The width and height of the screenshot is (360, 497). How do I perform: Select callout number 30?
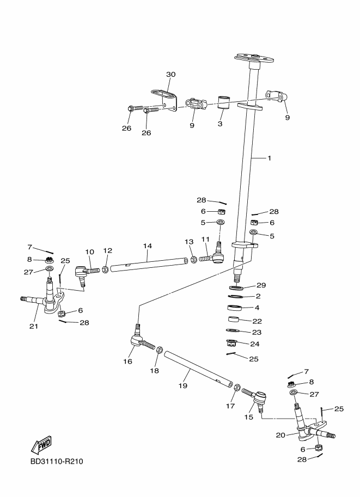(x=170, y=75)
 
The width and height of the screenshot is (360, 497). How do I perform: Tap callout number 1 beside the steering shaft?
(x=269, y=158)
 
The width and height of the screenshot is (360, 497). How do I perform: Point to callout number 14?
(x=148, y=246)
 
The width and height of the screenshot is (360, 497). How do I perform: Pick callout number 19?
(x=182, y=385)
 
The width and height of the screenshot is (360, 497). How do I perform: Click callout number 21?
(x=33, y=327)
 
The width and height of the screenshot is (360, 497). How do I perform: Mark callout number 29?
(x=261, y=286)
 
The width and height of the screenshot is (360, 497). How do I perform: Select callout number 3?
(x=220, y=124)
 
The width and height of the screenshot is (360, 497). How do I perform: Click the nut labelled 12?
(x=105, y=269)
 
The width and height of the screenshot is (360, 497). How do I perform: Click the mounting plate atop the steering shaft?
(x=255, y=56)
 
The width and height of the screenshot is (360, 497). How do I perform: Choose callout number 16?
(x=128, y=361)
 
